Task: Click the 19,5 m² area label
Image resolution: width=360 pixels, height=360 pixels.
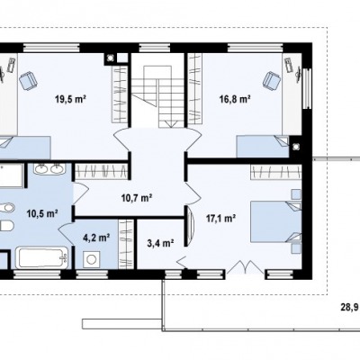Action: [71, 99]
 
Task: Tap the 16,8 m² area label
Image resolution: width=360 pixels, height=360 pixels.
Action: [235, 99]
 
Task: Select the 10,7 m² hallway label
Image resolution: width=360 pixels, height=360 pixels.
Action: [137, 198]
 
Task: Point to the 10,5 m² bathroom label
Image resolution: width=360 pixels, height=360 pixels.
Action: [42, 213]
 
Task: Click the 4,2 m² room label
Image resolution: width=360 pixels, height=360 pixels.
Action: [96, 238]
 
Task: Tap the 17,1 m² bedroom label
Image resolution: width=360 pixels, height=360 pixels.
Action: [220, 219]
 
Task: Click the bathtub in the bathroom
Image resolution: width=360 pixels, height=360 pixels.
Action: [42, 257]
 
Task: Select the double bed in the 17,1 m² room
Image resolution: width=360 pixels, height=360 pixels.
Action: [275, 221]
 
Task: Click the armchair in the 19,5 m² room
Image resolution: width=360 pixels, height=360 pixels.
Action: [28, 80]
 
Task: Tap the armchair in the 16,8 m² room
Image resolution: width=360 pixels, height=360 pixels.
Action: [272, 80]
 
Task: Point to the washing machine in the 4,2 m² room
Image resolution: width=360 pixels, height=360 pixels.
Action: [91, 258]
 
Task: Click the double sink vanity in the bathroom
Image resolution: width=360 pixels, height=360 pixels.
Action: [49, 168]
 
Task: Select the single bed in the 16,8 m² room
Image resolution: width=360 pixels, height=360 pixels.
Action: [263, 147]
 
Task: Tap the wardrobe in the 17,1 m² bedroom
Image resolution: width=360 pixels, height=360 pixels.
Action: [275, 172]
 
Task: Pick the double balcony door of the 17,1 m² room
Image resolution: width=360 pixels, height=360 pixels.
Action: [246, 267]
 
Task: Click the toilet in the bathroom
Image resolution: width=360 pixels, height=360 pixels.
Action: [6, 226]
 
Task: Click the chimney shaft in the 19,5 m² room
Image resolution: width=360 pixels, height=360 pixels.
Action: [111, 58]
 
